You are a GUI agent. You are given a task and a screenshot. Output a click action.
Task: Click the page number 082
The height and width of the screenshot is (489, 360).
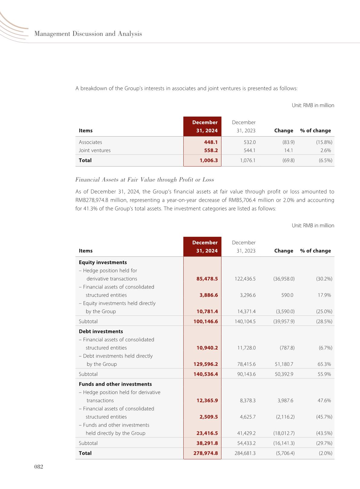pyautogui.click(x=39, y=467)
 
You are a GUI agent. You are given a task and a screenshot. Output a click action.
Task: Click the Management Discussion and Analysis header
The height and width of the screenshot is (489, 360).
pyautogui.click(x=88, y=34)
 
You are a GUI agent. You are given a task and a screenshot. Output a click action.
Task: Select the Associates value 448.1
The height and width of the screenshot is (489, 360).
pyautogui.click(x=211, y=142)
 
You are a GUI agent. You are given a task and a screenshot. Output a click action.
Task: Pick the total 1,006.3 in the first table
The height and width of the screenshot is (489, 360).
pyautogui.click(x=208, y=160)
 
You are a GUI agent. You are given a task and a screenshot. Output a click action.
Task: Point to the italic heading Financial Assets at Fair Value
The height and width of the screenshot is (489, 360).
pyautogui.click(x=145, y=180)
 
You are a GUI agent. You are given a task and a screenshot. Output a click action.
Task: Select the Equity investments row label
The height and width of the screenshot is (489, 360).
pyautogui.click(x=103, y=262)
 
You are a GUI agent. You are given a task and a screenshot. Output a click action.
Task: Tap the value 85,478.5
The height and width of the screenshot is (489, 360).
pyautogui.click(x=207, y=279)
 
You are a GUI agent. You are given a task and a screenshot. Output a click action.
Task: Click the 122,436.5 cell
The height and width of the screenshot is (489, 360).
pyautogui.click(x=245, y=279)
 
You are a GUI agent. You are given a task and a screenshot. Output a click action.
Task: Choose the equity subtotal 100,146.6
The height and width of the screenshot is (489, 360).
pyautogui.click(x=205, y=321)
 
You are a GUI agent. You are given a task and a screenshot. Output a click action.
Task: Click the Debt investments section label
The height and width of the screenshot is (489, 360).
pyautogui.click(x=101, y=331)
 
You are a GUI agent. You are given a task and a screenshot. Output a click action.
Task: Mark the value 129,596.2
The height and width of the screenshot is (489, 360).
pyautogui.click(x=205, y=364)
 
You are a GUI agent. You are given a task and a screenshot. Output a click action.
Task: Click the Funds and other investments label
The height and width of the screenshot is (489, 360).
pyautogui.click(x=115, y=384)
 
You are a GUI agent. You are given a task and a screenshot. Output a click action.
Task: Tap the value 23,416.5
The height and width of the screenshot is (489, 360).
pyautogui.click(x=207, y=433)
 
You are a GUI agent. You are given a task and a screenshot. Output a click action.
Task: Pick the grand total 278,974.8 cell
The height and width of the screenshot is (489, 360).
pyautogui.click(x=205, y=453)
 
